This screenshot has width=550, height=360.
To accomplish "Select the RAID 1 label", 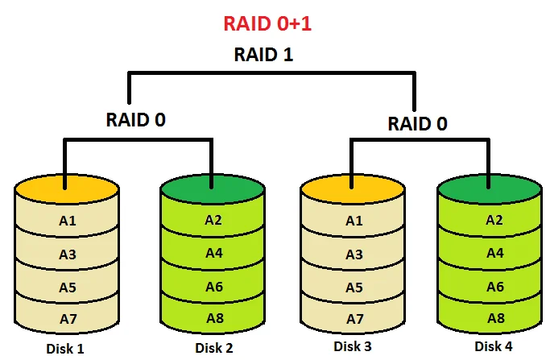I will point(265,55).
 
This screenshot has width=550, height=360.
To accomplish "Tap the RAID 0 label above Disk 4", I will point(418,124).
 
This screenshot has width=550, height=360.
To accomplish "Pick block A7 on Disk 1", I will point(68,319).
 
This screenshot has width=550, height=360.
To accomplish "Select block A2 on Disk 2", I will point(213,220).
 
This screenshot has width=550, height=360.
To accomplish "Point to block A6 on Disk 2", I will point(213,286).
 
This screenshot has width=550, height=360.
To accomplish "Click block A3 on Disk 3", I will point(354,254).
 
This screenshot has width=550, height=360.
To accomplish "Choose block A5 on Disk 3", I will point(354,288).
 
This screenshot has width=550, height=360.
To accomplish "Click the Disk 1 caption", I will point(66,349).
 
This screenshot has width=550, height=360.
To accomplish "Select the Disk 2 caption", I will point(214,348).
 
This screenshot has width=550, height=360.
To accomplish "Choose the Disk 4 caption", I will point(493,346).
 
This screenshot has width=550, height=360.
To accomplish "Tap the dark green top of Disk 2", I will point(213,188).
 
